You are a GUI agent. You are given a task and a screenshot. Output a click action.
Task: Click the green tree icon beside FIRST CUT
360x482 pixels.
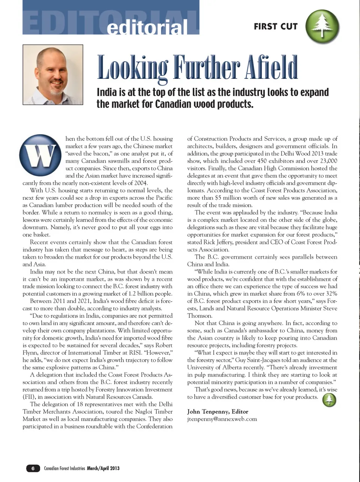pos(322,26)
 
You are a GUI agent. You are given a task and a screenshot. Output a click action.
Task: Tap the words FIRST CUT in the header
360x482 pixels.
pos(276,26)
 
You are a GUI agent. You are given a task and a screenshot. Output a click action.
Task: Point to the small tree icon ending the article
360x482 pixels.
pos(329,400)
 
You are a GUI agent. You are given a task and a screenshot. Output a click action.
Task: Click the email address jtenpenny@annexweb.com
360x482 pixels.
pos(222,419)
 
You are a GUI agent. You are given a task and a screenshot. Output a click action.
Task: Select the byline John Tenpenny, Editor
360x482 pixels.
pos(217,411)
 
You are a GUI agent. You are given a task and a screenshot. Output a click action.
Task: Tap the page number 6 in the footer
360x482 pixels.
pos(33,468)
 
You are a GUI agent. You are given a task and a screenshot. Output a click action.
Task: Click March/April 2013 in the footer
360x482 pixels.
pos(103,468)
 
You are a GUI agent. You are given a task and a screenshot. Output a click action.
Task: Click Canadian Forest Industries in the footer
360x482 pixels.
pos(64,468)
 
